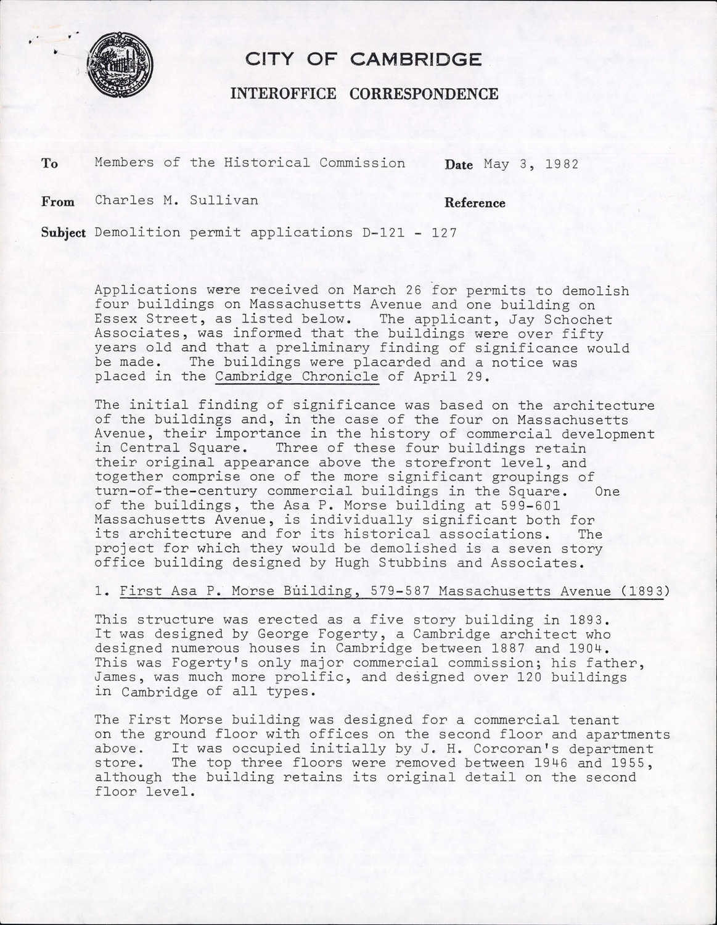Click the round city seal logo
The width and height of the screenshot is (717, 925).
point(120,64)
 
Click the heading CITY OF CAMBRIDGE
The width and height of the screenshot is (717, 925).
point(364,59)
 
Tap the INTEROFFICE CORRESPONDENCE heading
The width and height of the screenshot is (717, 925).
point(364,94)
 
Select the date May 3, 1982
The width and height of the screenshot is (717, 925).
point(531,164)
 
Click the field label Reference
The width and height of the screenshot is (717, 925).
point(475,203)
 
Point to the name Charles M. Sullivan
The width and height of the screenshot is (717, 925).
point(176,200)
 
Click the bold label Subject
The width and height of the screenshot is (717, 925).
point(64,232)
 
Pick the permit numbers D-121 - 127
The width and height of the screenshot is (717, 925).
point(405,232)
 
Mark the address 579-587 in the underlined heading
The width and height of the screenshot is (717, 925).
point(396,591)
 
